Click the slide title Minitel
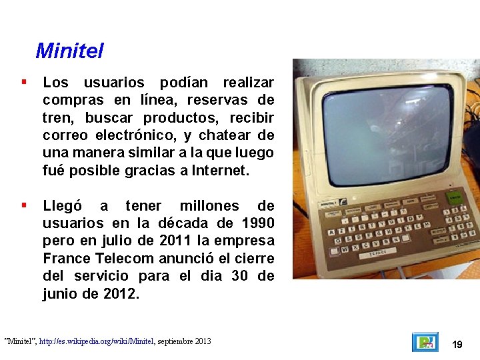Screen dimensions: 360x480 click(x=69, y=50)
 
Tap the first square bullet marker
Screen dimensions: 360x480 click(x=23, y=82)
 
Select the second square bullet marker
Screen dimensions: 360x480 click(x=23, y=205)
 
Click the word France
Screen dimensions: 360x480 click(x=67, y=258)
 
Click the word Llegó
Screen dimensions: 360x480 click(x=65, y=205)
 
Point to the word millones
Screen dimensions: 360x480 click(x=209, y=205)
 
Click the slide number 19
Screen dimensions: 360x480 click(x=457, y=345)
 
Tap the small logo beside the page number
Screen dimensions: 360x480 click(x=425, y=342)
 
